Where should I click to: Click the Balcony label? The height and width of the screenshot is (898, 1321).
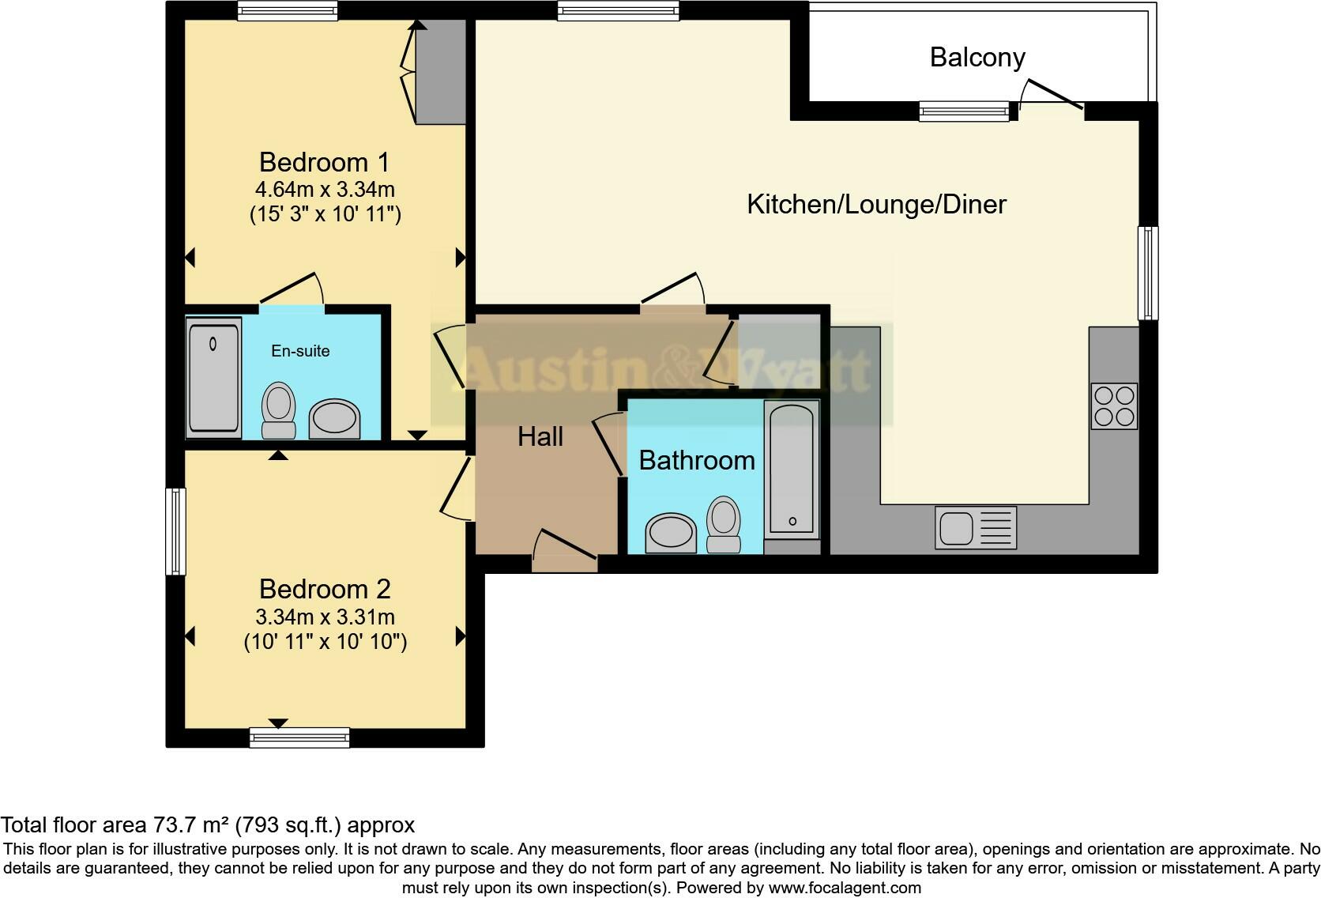click(977, 57)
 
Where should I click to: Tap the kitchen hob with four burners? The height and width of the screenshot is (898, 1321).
click(1113, 406)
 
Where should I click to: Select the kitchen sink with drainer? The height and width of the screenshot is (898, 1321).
click(975, 527)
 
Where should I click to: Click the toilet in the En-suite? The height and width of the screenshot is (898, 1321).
click(278, 410)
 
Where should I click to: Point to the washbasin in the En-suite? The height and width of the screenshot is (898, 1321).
click(333, 419)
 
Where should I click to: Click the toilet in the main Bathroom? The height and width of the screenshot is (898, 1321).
click(723, 523)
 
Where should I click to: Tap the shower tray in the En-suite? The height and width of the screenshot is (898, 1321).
click(213, 376)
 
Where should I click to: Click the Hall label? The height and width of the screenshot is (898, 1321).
click(540, 436)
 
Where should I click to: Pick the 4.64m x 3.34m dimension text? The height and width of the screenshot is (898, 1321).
click(325, 190)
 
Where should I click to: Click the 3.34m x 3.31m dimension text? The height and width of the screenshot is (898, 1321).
click(325, 617)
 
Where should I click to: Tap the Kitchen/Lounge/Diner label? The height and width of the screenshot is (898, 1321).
click(876, 204)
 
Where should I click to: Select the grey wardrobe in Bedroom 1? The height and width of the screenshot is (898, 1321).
click(440, 72)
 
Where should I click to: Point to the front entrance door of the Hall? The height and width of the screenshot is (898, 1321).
click(564, 551)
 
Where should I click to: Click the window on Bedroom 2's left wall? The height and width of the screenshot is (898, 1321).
click(175, 530)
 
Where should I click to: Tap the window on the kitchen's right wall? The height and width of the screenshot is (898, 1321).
click(1147, 273)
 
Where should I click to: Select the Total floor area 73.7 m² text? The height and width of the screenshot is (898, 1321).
click(207, 825)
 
